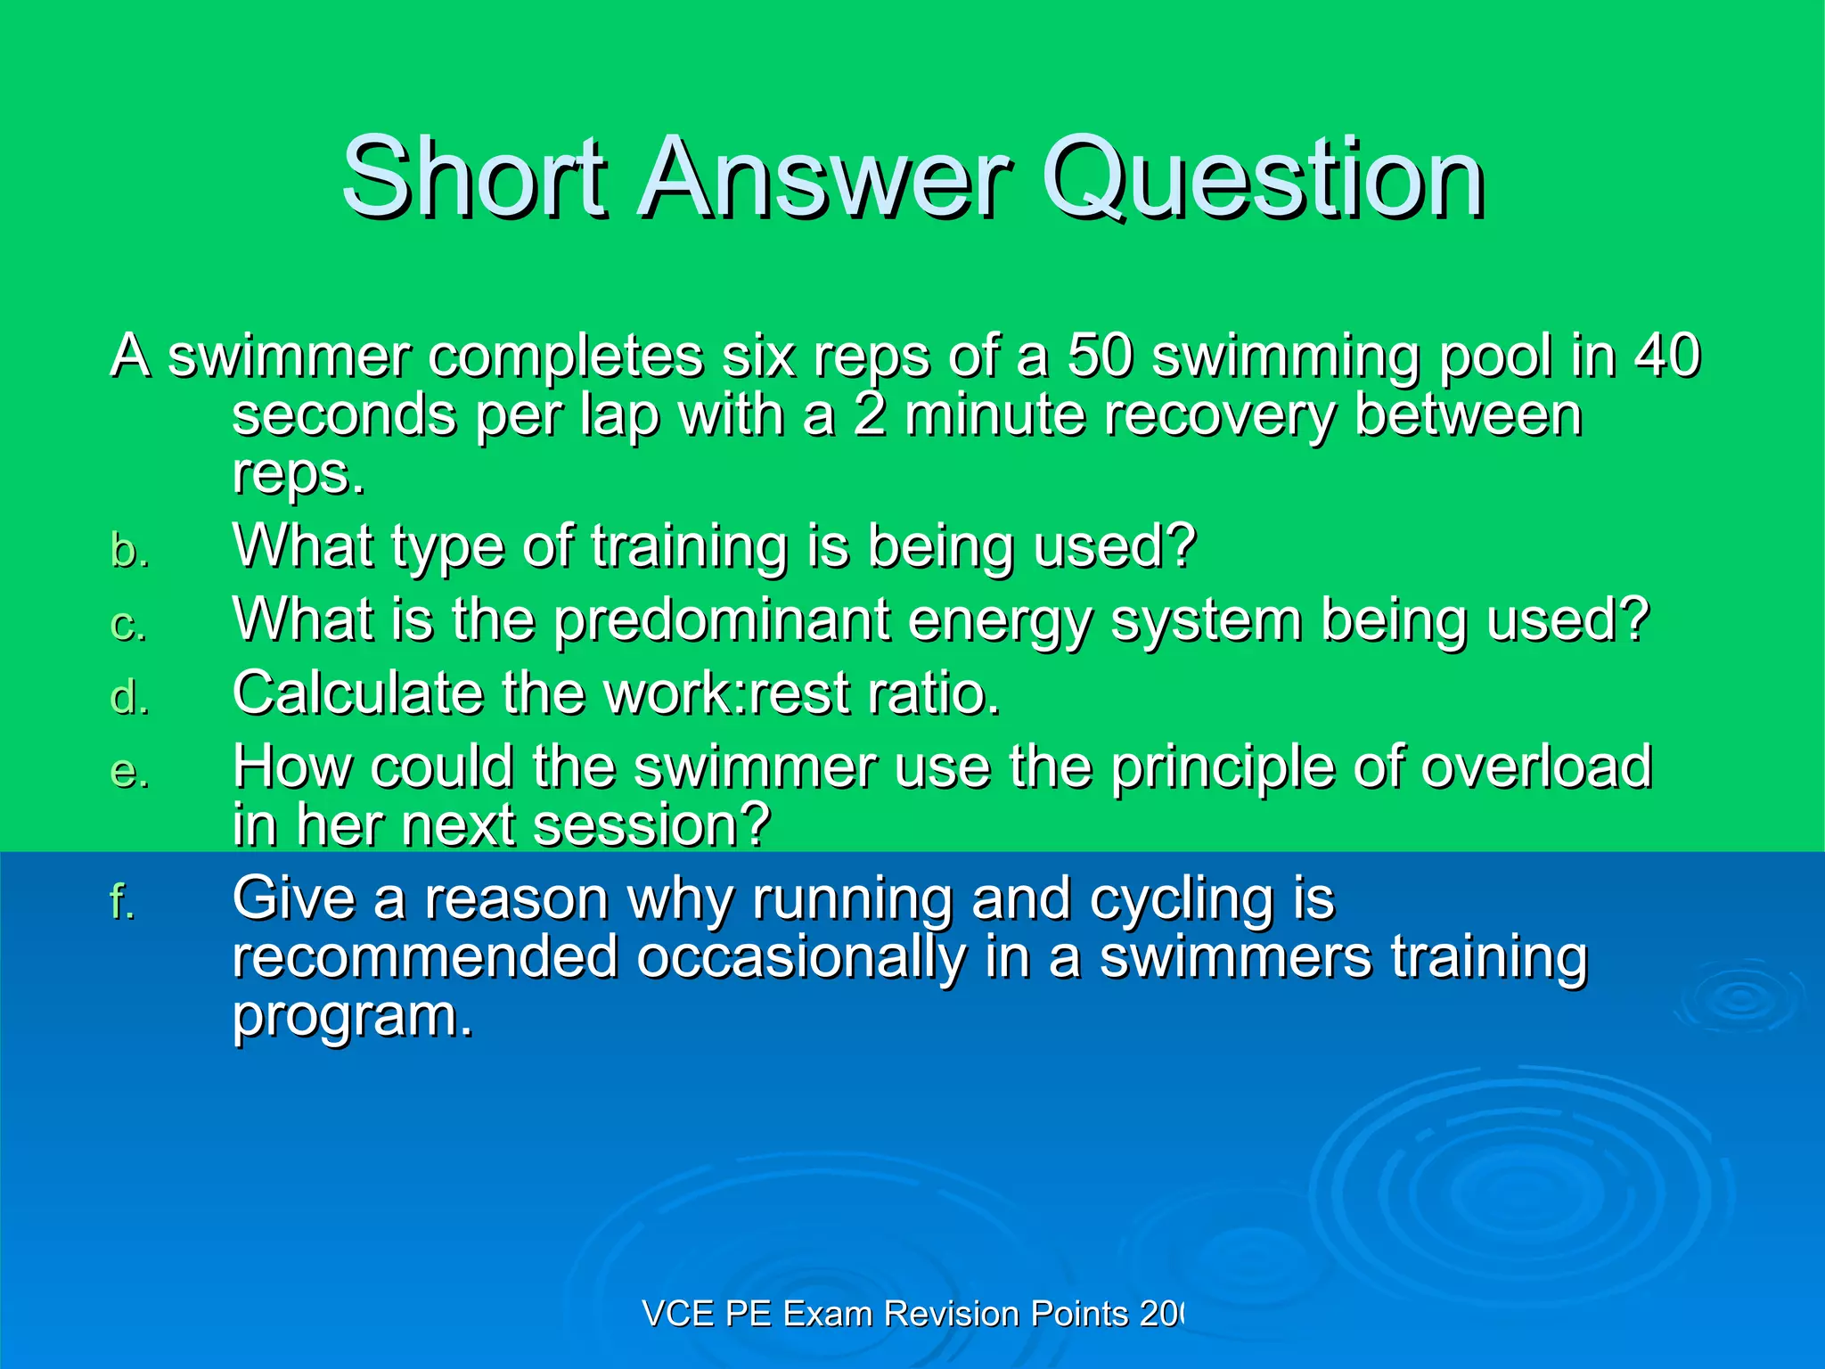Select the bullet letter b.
[x=129, y=551]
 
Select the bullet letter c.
[x=129, y=625]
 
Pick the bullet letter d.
[x=129, y=697]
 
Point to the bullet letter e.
[x=129, y=772]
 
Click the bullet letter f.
[x=122, y=901]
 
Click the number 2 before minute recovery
[x=869, y=415]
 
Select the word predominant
[x=722, y=619]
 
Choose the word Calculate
[x=357, y=693]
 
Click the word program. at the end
[x=353, y=1019]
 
